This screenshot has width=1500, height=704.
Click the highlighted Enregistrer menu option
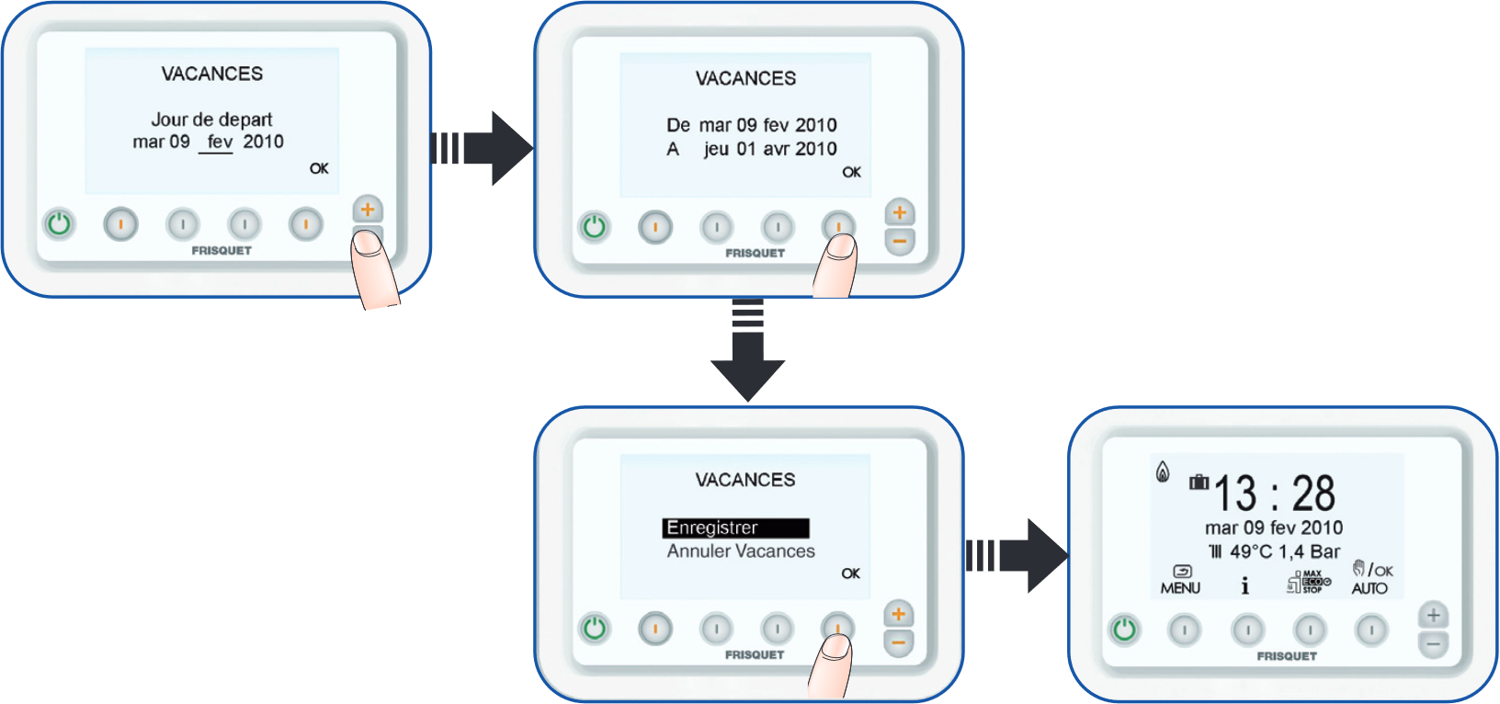[x=734, y=528]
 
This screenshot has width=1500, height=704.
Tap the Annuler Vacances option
[x=741, y=551]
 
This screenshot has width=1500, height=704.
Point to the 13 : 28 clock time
[x=1274, y=494]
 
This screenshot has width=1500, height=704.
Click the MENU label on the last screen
[x=1180, y=588]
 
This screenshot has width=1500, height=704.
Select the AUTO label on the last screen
[x=1369, y=588]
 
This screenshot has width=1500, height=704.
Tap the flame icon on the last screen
[x=1163, y=472]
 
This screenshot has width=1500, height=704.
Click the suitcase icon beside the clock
[x=1199, y=482]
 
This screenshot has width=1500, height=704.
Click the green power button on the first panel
[x=60, y=223]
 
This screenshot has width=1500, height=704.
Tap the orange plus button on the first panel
[x=368, y=210]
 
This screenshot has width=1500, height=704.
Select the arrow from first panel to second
[x=483, y=148]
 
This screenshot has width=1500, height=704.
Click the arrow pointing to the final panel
[x=1017, y=555]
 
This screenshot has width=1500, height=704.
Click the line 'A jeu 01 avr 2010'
[x=752, y=149]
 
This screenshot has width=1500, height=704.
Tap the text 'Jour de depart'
[x=211, y=119]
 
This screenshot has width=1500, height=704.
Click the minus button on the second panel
[x=899, y=242]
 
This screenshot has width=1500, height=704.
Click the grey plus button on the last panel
[x=1432, y=615]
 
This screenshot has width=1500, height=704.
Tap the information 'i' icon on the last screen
[x=1245, y=586]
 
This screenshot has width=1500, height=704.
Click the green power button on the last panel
[x=1124, y=630]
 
